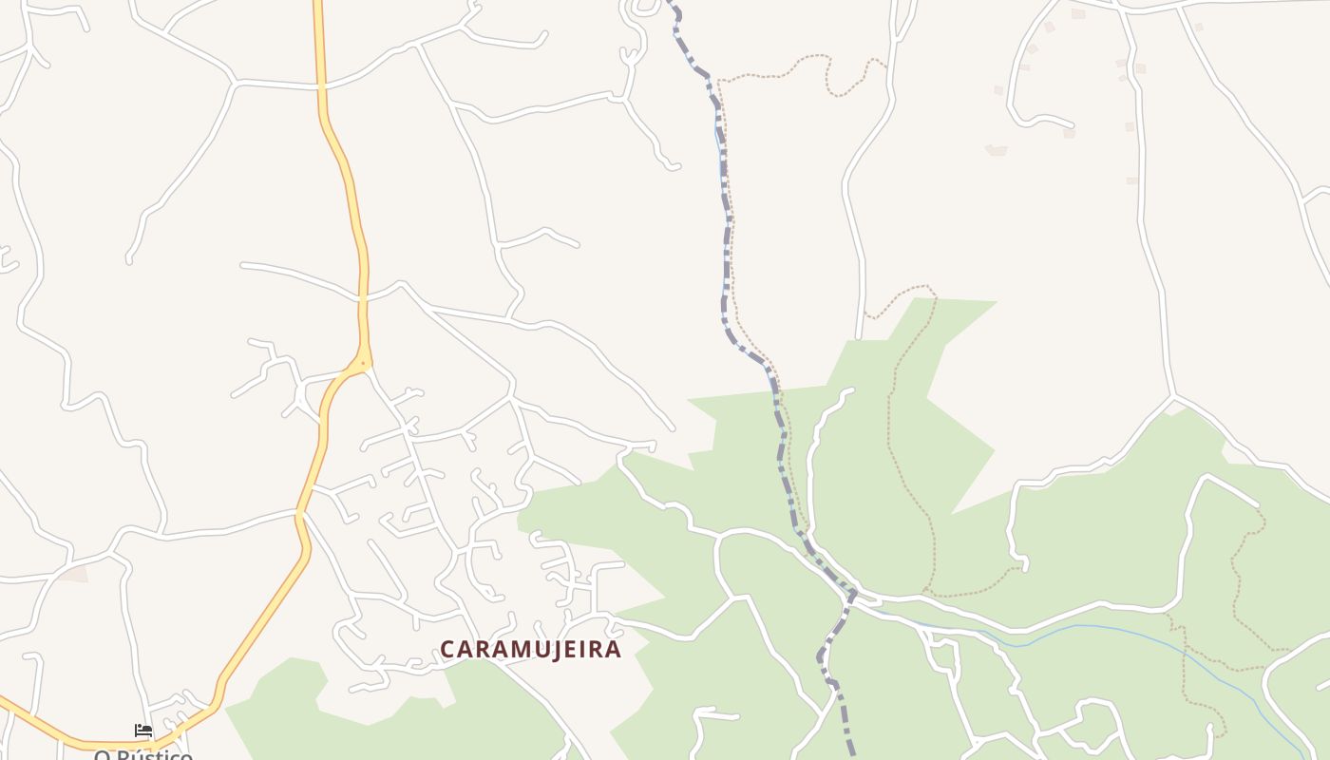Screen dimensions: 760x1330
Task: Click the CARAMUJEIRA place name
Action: (x=530, y=649)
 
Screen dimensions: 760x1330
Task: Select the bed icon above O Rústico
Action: (x=143, y=731)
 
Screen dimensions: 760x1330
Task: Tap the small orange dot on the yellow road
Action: (x=362, y=363)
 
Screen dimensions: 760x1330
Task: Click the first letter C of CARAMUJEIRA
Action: (x=447, y=649)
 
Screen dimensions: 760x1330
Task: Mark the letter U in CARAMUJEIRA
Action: (x=527, y=649)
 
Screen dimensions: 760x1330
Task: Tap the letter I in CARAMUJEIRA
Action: (x=576, y=649)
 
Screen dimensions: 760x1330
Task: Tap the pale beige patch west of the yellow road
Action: (x=73, y=573)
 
